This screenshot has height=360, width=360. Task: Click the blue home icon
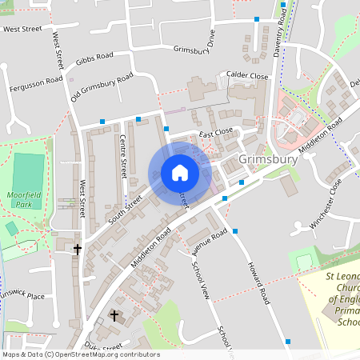180,173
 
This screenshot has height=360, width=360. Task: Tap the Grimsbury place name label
268,159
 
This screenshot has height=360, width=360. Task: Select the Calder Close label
247,76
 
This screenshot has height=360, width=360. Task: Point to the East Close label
216,131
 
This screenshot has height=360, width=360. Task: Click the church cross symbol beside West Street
78,250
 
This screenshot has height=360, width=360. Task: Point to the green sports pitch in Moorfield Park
29,170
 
